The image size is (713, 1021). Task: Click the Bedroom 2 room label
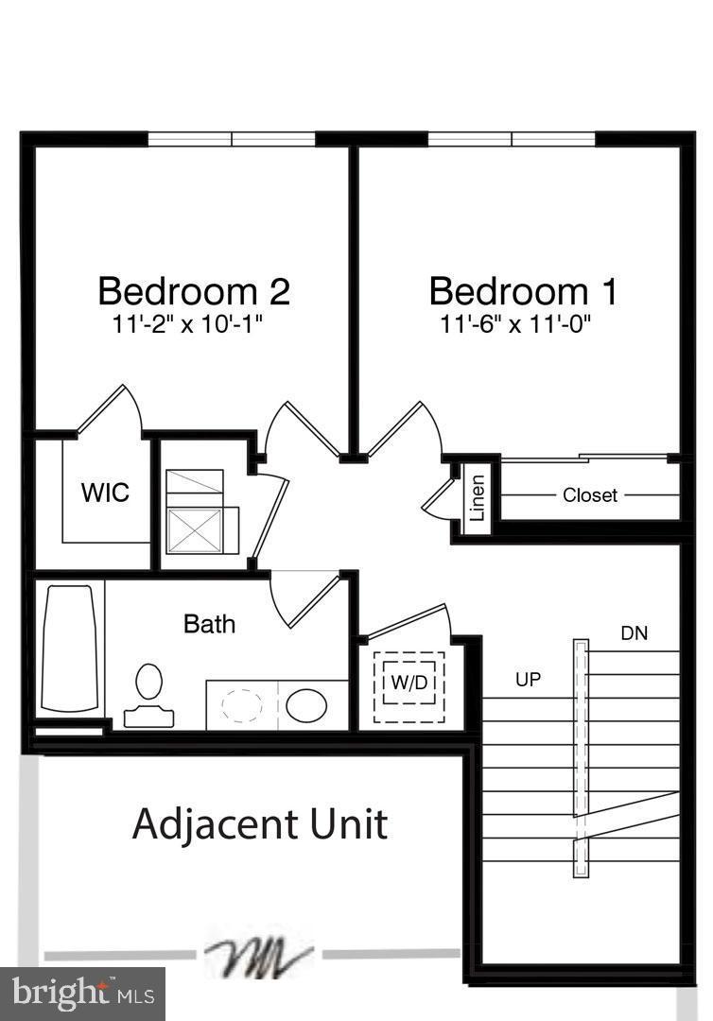pos(194,290)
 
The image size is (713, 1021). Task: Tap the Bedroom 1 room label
pos(523,290)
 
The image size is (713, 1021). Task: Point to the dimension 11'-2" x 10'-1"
pos(186,324)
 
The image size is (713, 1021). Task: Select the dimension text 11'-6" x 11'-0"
pos(515,324)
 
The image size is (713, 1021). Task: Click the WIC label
pos(105,493)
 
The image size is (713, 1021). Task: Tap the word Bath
pos(209,624)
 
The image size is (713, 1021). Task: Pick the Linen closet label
pos(478,498)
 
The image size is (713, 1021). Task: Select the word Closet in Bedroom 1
pos(590,494)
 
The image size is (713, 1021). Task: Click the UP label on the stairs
pos(528,679)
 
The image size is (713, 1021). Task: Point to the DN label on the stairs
pos(634,633)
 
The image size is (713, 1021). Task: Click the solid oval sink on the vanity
pos(305,705)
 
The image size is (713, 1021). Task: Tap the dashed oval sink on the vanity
pos(242,705)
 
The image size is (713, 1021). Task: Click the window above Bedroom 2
pos(232,139)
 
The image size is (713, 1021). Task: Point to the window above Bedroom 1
pos(512,139)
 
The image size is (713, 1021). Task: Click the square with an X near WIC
pos(195,529)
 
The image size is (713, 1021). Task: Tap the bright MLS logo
pos(82,994)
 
